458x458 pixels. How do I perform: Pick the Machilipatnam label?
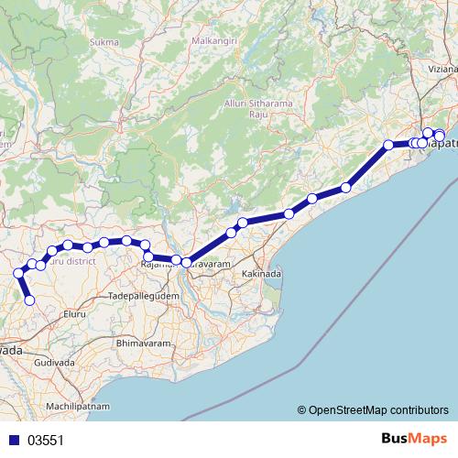[x=78, y=405]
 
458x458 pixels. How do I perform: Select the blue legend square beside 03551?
[x=14, y=440]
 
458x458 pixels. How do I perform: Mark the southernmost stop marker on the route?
[x=29, y=300]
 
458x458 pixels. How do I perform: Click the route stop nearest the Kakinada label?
[x=232, y=233]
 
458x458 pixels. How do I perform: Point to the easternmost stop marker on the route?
[x=440, y=136]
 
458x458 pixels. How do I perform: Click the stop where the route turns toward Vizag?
[x=388, y=145]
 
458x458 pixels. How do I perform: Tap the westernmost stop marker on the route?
[x=18, y=273]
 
